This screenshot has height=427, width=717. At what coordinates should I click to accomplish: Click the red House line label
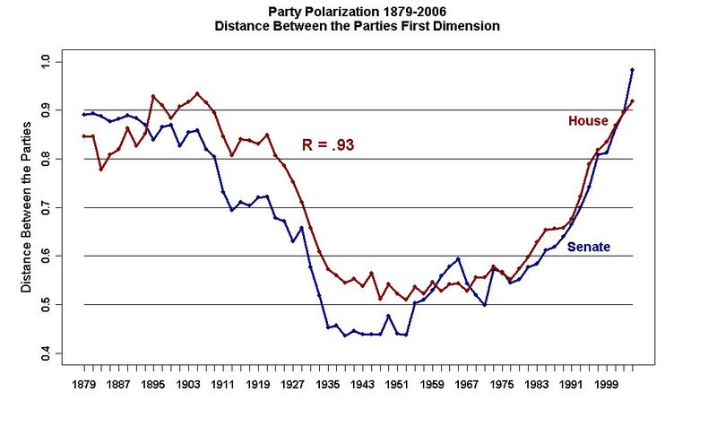[588, 120]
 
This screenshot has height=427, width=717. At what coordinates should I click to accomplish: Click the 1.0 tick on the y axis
[47, 62]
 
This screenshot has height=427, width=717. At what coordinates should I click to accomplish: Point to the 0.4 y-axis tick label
[47, 353]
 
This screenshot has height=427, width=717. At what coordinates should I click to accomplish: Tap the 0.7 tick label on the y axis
[47, 207]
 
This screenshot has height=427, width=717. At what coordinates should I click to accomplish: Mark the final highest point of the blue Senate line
[633, 70]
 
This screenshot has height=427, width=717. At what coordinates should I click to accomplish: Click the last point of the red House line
[633, 100]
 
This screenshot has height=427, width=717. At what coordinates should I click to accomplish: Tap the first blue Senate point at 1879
[84, 114]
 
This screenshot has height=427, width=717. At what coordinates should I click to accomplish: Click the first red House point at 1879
[84, 136]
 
